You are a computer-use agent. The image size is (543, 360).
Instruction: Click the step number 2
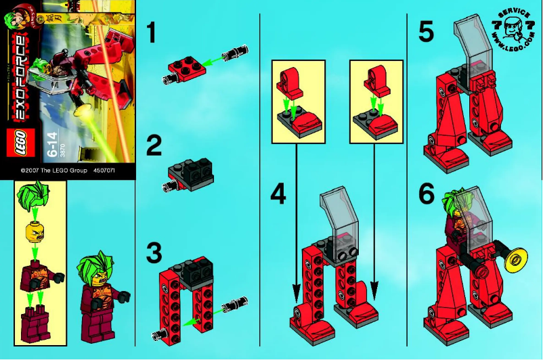tap(155, 146)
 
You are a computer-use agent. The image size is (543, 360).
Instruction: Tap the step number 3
tap(155, 254)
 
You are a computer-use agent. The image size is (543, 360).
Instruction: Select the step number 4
tap(278, 194)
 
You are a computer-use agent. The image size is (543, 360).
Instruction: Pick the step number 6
tap(426, 194)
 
